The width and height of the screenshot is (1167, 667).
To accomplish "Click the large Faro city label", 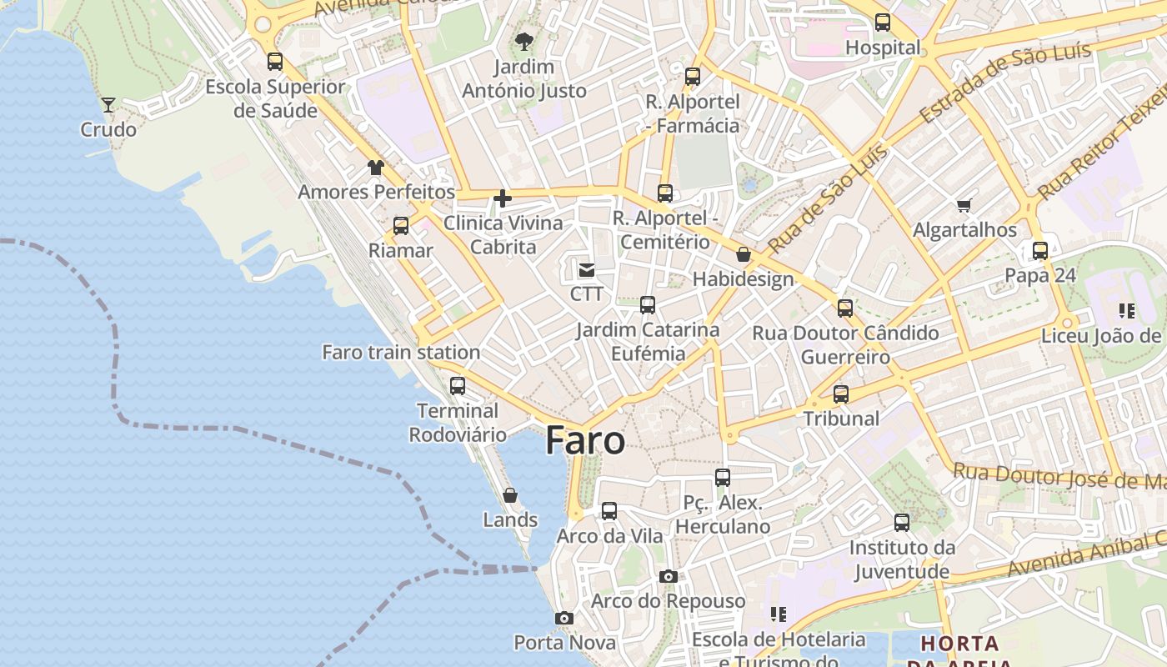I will coord(585,441).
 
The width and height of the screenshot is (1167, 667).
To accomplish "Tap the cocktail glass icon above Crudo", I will coord(108,105).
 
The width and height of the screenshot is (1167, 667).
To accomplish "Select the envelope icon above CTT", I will coord(587,269).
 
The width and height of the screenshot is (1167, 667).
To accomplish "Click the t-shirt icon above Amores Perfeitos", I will coord(376,168).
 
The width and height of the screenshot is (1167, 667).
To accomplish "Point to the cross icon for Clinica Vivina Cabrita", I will coord(503,198).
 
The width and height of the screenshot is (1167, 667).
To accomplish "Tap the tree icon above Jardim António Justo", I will coord(524,41).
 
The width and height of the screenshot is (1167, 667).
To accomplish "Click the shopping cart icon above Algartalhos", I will coord(964,205).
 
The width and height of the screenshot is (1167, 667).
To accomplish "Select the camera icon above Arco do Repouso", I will coord(668,577).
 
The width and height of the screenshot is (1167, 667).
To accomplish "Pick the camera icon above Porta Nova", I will coord(564,619).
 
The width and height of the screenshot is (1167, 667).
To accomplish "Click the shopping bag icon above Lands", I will coord(510,496).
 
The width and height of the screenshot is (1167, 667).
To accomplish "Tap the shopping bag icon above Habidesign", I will coord(744,254).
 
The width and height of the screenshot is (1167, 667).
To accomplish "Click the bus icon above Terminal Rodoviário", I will coord(458,386).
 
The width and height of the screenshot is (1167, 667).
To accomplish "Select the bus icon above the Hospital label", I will coord(883,23).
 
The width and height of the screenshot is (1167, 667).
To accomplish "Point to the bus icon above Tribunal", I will coord(841,394).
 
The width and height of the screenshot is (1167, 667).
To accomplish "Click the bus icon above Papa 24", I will coord(1040,251).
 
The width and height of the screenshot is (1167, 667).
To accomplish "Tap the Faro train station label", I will coord(401,353).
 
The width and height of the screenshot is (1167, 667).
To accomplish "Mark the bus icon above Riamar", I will coord(401,226).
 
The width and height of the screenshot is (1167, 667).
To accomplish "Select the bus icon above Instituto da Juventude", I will coord(902,524).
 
